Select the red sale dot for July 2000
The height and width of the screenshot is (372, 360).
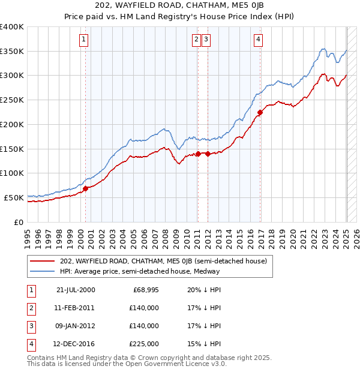click(85, 188)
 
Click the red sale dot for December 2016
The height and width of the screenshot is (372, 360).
click(260, 112)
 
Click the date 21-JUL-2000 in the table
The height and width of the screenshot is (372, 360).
click(76, 290)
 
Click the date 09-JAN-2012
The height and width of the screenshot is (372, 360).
click(76, 326)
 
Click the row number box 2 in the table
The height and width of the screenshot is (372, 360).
click(31, 308)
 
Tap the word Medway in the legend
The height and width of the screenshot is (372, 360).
click(207, 271)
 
